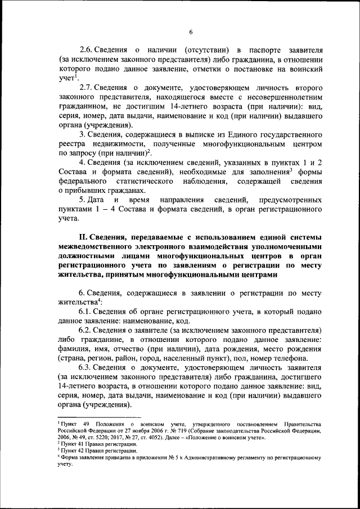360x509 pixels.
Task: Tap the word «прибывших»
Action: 85,191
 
